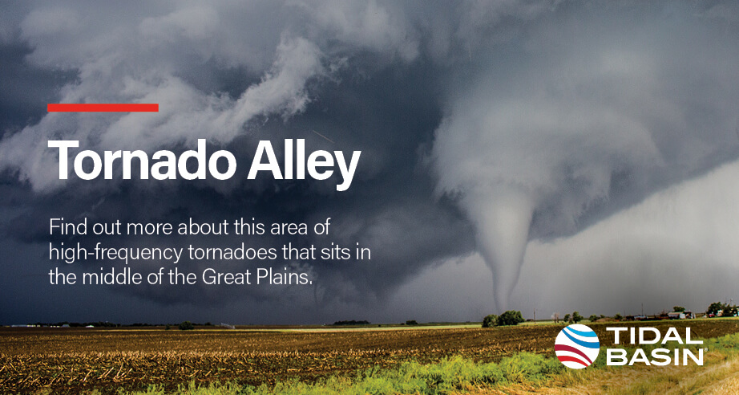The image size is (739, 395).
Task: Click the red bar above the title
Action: (x=103, y=108)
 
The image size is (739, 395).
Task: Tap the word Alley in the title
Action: (x=304, y=164)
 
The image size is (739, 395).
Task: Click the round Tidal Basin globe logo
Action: (x=577, y=346)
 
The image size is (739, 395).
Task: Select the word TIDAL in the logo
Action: (x=653, y=336)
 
